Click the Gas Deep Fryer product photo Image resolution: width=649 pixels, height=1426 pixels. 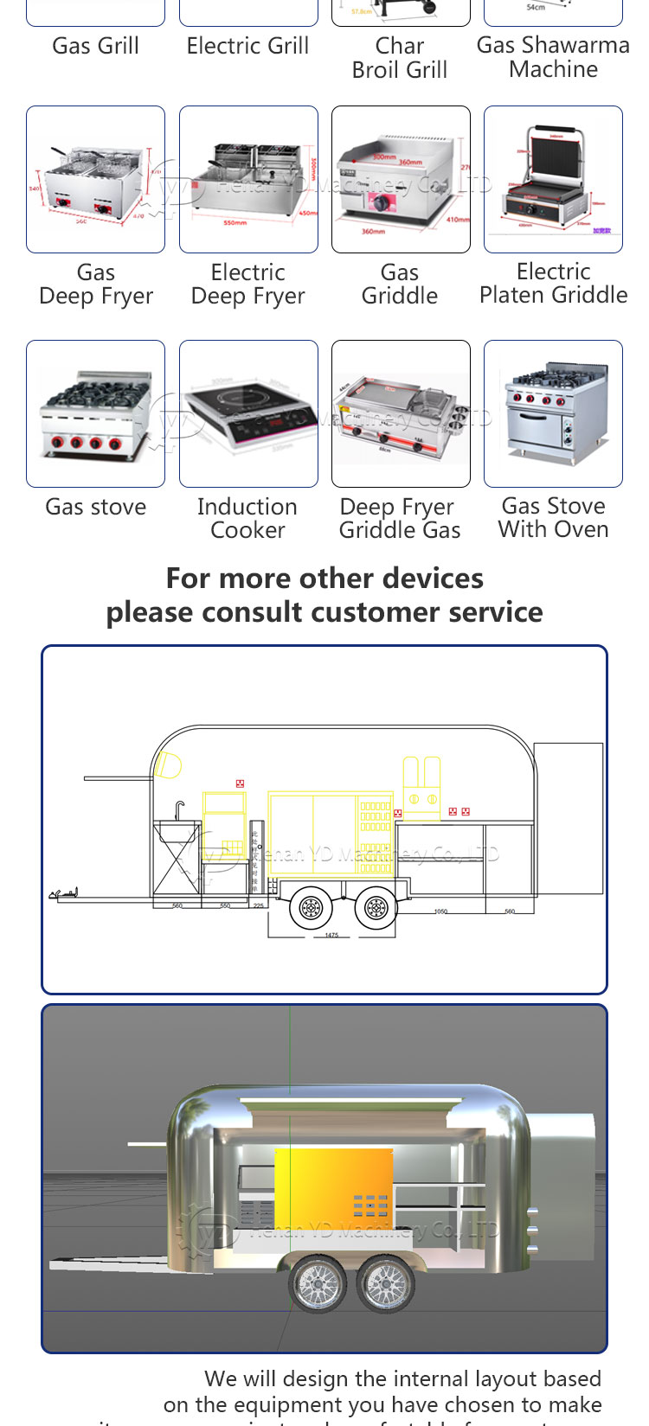pyautogui.click(x=95, y=179)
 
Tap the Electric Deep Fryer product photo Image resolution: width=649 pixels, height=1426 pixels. pyautogui.click(x=248, y=179)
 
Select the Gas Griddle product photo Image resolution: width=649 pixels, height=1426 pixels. pyautogui.click(x=401, y=179)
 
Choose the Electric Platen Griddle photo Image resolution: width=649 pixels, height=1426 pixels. pyautogui.click(x=553, y=179)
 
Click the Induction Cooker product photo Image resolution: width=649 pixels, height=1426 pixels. pyautogui.click(x=248, y=413)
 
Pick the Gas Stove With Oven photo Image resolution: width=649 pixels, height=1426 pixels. pyautogui.click(x=553, y=413)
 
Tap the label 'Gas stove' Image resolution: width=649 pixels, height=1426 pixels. pyautogui.click(x=96, y=507)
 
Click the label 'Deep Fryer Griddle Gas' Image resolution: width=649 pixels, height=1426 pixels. pyautogui.click(x=400, y=518)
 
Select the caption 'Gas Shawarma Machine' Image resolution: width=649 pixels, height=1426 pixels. pyautogui.click(x=553, y=57)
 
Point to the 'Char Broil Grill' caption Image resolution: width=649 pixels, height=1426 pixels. pyautogui.click(x=400, y=57)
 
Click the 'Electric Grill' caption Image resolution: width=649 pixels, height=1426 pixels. pyautogui.click(x=248, y=46)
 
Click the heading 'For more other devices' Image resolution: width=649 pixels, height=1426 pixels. pyautogui.click(x=324, y=578)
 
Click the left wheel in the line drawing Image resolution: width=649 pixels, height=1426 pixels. pyautogui.click(x=311, y=908)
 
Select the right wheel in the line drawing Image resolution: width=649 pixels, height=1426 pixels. pyautogui.click(x=376, y=908)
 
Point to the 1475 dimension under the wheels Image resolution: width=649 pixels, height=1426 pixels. pyautogui.click(x=331, y=935)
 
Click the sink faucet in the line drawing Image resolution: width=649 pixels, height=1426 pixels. pyautogui.click(x=179, y=809)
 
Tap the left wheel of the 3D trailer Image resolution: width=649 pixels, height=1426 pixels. pyautogui.click(x=317, y=1282)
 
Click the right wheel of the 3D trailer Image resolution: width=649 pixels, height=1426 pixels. pyautogui.click(x=385, y=1282)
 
